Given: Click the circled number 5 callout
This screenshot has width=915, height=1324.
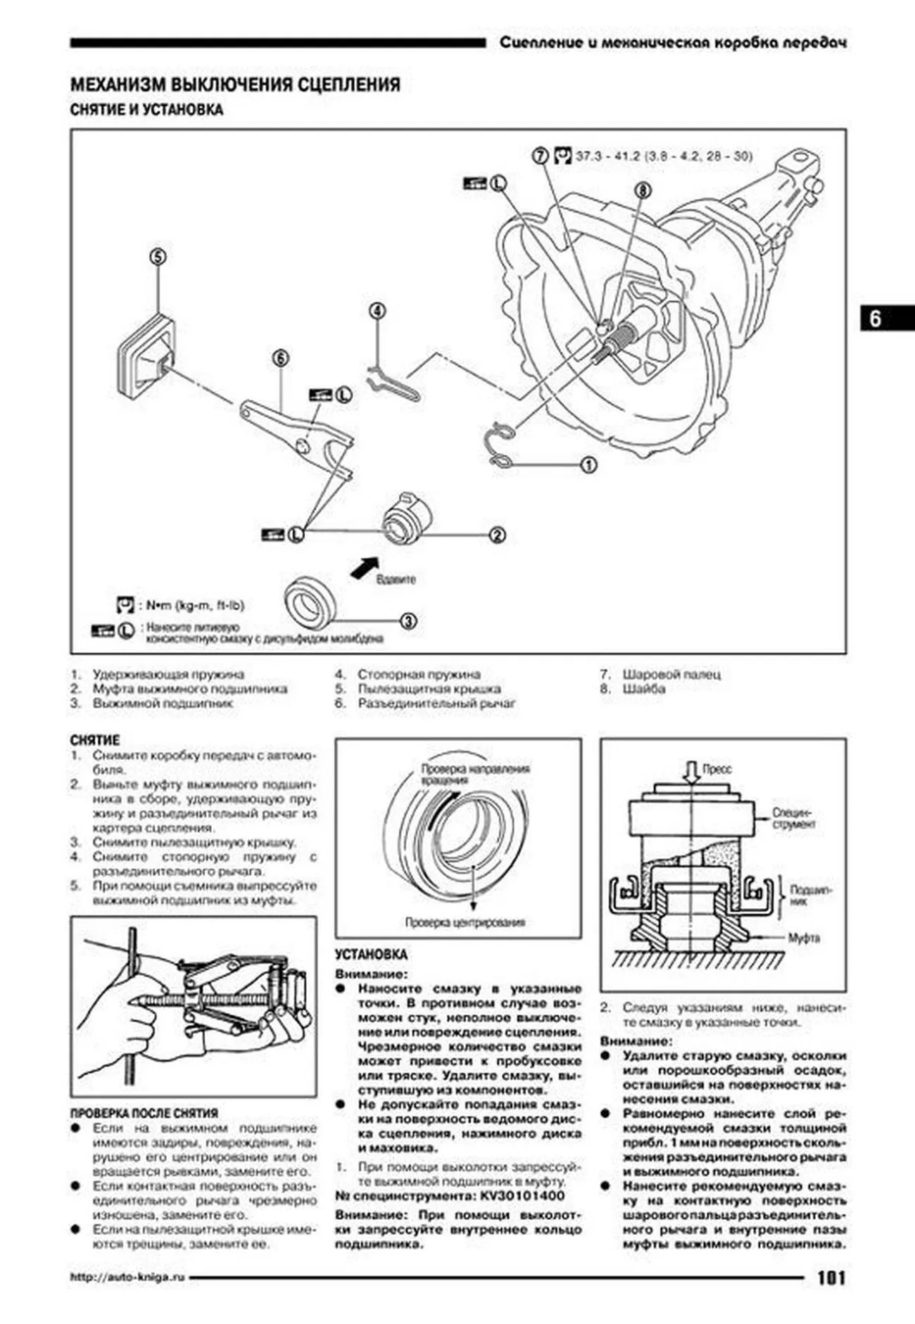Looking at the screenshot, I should pos(158,257).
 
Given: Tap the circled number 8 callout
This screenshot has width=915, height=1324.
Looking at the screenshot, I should pos(642,190).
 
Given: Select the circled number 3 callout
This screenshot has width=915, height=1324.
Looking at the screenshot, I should pos(408,621).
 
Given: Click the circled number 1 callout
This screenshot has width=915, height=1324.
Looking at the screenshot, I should pos(588,464).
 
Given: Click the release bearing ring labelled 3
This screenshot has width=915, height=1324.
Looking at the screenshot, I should pos(310,602).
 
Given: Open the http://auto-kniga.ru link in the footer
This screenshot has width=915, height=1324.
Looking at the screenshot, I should pos(127,1277).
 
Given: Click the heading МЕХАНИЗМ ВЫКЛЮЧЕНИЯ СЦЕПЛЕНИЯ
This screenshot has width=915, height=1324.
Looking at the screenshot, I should pos(235,85).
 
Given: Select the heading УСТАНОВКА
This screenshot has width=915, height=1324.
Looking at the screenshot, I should pos(371,955).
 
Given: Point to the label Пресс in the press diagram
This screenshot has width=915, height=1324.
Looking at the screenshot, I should pos(717,770).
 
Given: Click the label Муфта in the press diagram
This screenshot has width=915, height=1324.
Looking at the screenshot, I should pos(803,938).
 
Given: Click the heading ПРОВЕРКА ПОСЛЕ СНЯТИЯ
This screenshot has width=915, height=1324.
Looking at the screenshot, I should pos(144,1114).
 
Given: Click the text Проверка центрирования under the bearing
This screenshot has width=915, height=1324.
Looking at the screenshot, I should pos(465,922).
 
